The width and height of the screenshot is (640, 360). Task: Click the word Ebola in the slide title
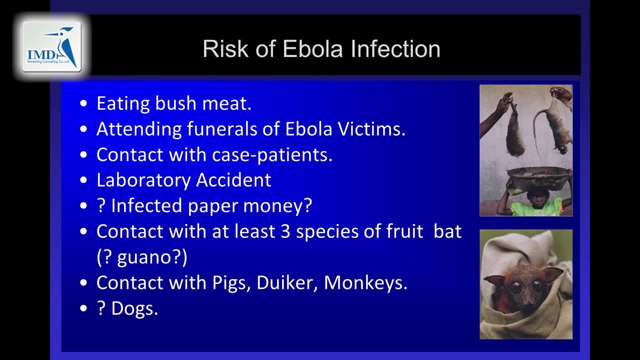click(312, 49)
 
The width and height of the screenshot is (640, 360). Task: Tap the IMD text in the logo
click(41, 54)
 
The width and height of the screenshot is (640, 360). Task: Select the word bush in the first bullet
click(175, 103)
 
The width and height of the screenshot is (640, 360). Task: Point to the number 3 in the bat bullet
click(285, 231)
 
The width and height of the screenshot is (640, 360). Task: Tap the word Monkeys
click(365, 283)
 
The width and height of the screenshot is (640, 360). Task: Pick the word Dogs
click(134, 309)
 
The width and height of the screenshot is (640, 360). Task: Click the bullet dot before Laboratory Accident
click(83, 180)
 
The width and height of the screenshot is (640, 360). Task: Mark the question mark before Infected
click(101, 205)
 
